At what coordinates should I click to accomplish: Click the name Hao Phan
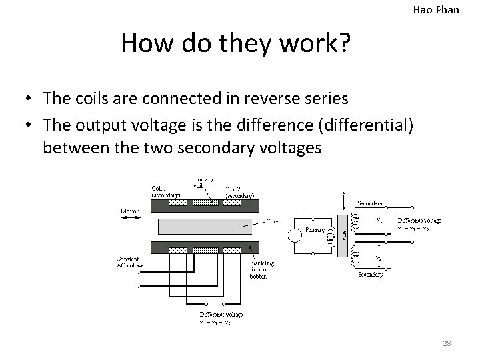pyautogui.click(x=437, y=9)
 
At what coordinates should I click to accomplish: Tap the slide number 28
pyautogui.click(x=447, y=343)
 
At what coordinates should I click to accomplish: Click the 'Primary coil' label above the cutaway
pyautogui.click(x=203, y=182)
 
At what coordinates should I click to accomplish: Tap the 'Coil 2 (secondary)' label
pyautogui.click(x=239, y=192)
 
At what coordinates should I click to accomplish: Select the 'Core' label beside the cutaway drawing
pyautogui.click(x=271, y=221)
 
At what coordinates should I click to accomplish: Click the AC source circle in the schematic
pyautogui.click(x=293, y=235)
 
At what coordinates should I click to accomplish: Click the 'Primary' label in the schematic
pyautogui.click(x=315, y=230)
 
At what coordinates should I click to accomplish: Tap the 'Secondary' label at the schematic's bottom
pyautogui.click(x=370, y=275)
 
